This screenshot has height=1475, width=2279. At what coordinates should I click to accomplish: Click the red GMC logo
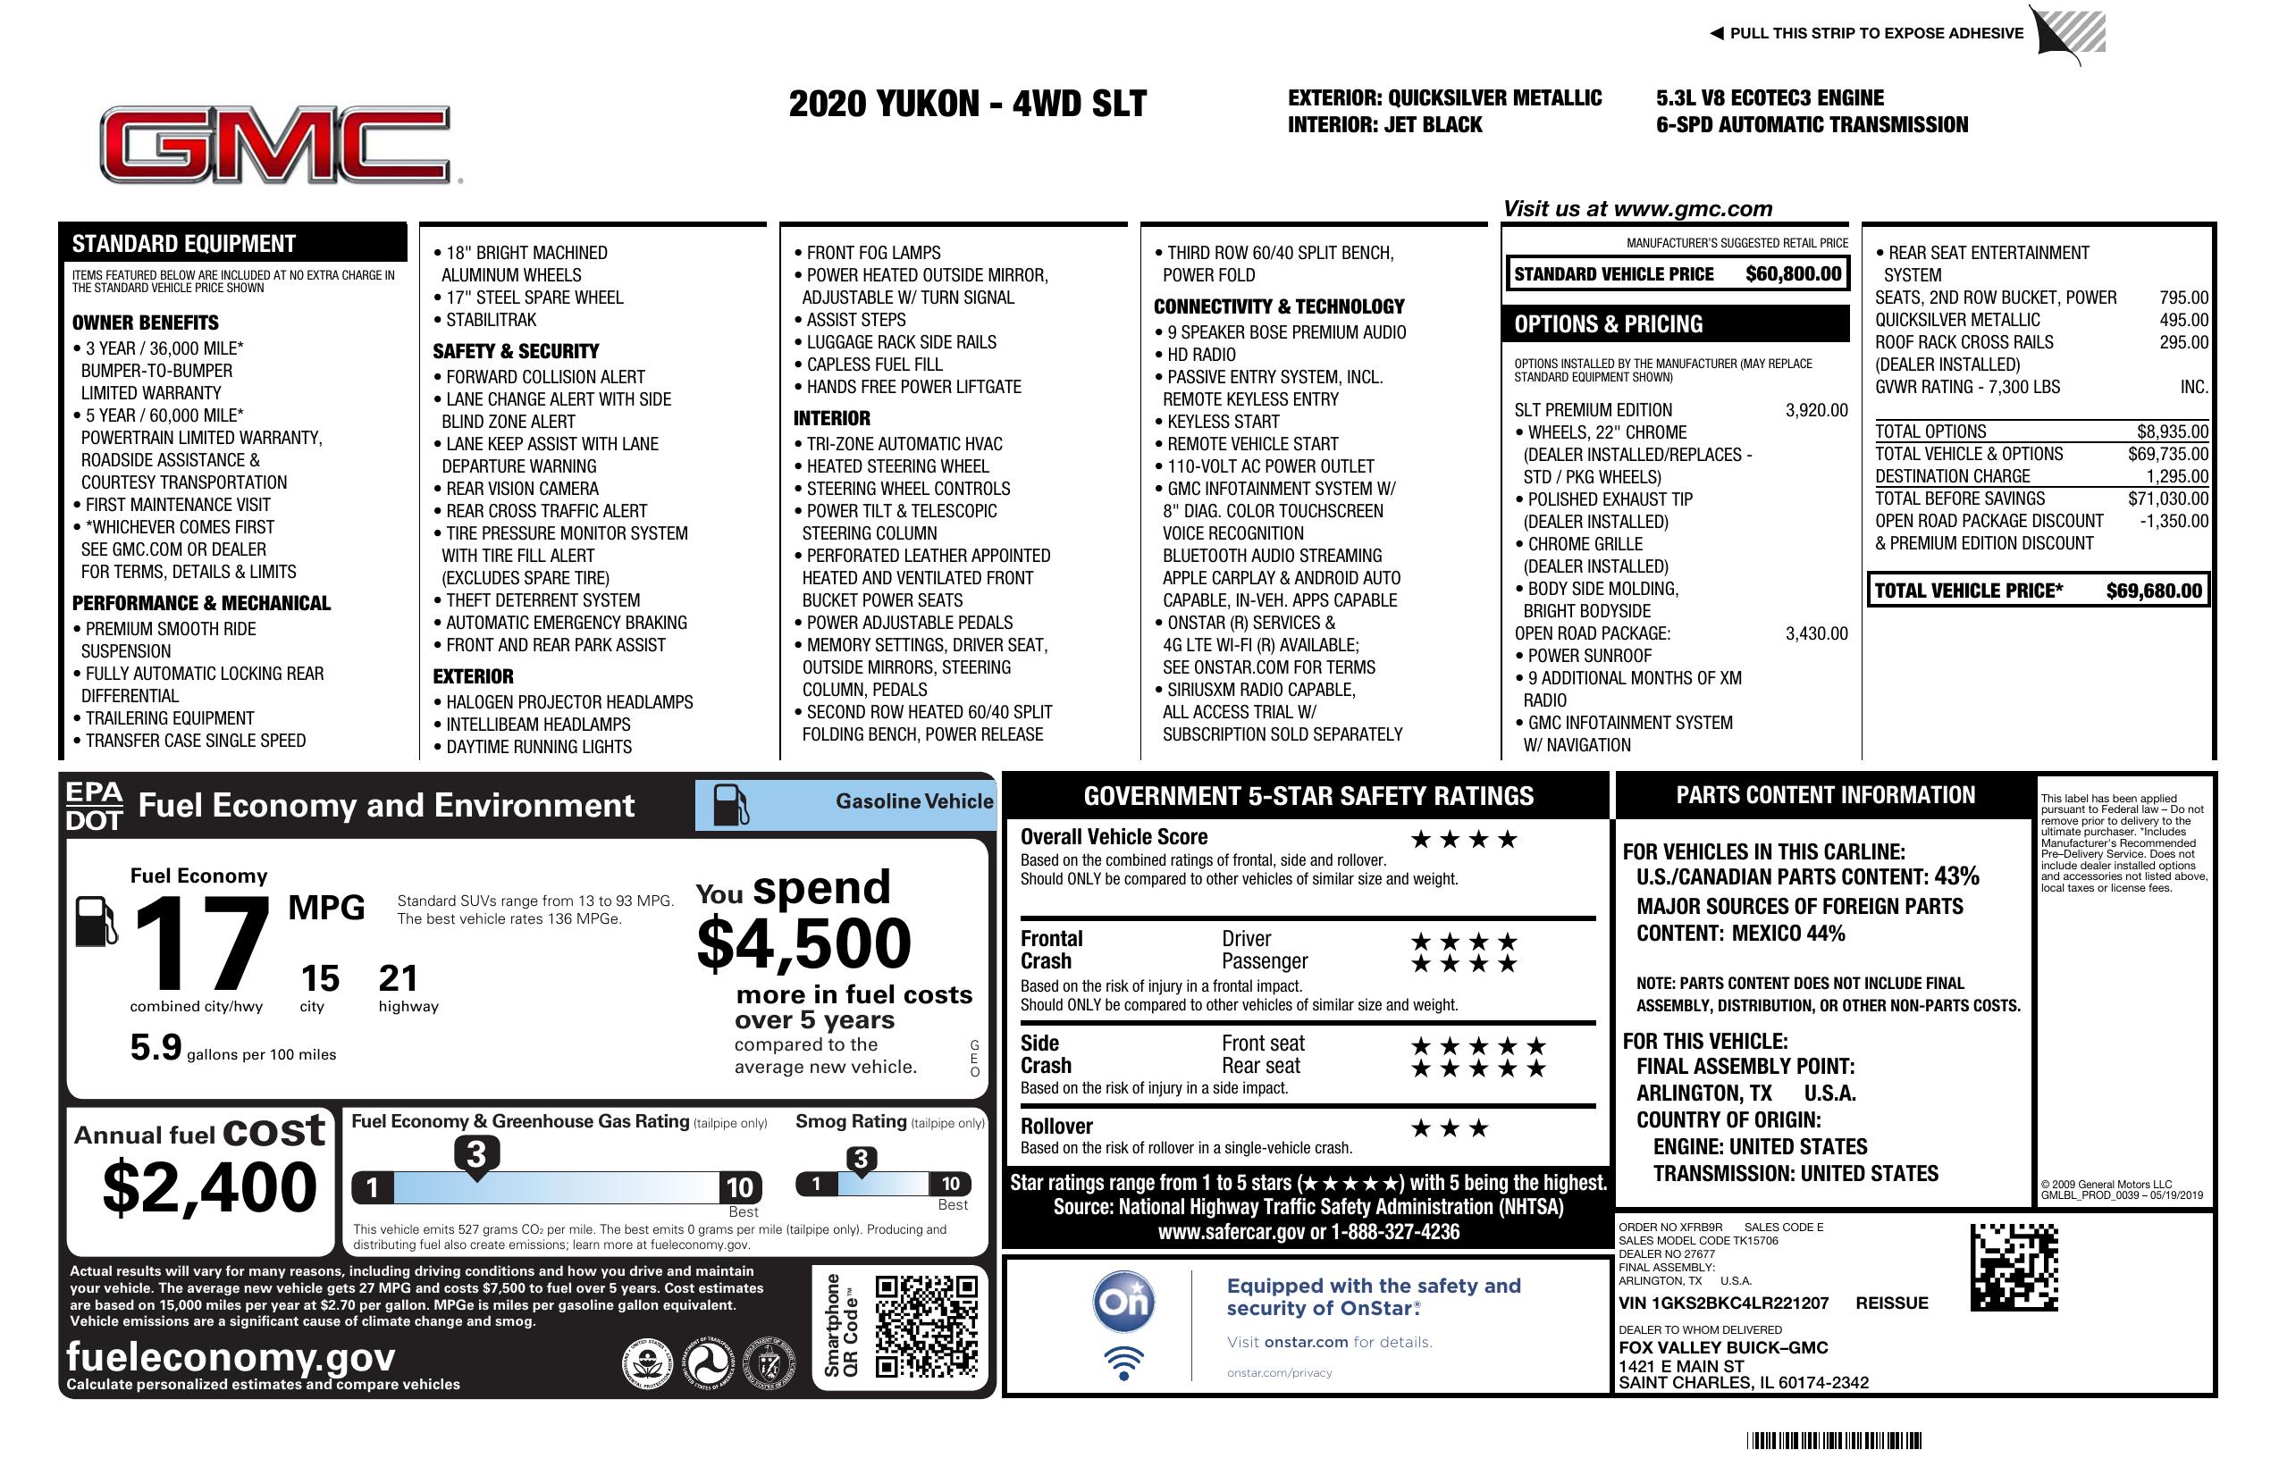[276, 145]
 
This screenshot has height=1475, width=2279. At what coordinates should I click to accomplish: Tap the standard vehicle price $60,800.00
[1793, 274]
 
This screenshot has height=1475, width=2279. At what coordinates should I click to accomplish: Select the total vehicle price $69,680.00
[2154, 591]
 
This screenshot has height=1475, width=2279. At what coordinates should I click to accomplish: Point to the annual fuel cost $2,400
[209, 1187]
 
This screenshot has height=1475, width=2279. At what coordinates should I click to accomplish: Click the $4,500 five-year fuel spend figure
[803, 943]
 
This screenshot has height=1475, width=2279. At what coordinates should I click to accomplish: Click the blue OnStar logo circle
[1123, 1302]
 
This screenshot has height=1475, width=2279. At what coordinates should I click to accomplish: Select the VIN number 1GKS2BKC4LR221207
[1723, 1303]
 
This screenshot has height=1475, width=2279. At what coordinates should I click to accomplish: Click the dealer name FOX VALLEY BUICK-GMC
[1723, 1348]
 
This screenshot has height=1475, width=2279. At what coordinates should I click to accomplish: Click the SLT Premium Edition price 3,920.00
[1815, 411]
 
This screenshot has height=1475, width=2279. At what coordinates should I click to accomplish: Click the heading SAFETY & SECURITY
[515, 351]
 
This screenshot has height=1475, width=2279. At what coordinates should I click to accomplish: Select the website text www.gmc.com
[1692, 209]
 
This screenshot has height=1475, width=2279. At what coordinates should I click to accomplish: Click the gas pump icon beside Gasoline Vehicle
[732, 805]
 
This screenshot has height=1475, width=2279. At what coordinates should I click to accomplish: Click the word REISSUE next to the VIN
[1891, 1303]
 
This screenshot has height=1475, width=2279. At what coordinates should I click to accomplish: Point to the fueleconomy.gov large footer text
[231, 1356]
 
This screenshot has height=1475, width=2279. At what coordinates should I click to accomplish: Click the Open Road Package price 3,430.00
[1815, 633]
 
